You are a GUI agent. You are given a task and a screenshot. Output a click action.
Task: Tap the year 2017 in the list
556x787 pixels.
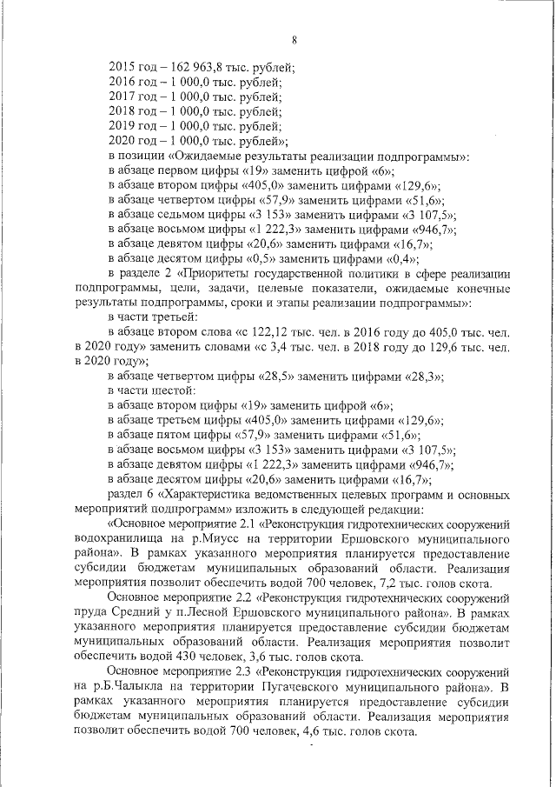[x=122, y=97]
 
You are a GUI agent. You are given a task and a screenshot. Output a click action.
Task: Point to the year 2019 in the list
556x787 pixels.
[x=122, y=127]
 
